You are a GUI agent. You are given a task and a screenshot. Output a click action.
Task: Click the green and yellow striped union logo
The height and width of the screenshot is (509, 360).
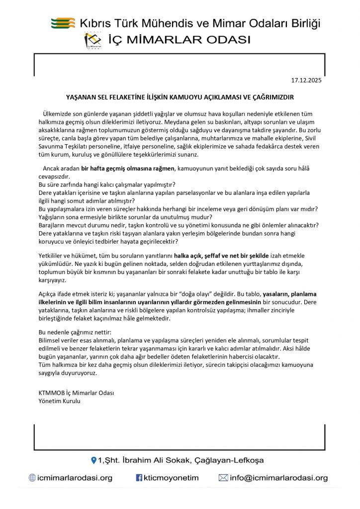click(63, 23)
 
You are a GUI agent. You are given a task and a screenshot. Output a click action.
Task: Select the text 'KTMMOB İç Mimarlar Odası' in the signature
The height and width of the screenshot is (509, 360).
click(76, 393)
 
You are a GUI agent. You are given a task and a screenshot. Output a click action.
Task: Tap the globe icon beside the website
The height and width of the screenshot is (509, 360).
click(32, 478)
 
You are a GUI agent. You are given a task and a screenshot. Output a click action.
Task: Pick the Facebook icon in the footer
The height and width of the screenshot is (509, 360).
click(139, 478)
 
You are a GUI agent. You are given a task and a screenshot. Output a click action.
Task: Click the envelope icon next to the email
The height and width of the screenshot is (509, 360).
click(223, 478)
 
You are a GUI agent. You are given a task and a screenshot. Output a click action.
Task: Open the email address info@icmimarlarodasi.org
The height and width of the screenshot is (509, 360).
click(278, 478)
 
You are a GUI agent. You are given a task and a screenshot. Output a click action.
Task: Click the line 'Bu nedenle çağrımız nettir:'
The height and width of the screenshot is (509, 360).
click(75, 332)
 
